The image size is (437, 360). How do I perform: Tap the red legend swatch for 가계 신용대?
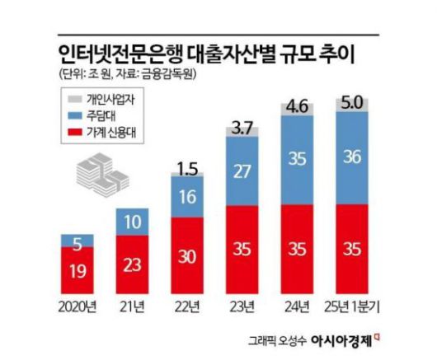coord(75,131)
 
